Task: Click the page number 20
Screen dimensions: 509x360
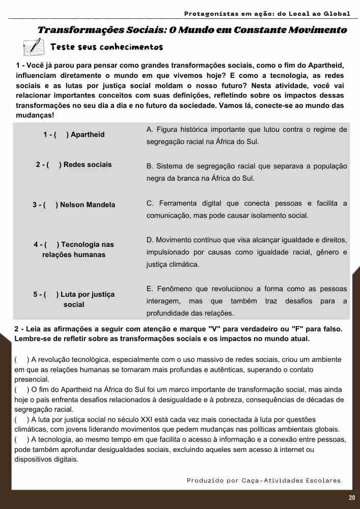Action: pos(352,498)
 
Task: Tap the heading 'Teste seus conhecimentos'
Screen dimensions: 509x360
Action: pos(106,47)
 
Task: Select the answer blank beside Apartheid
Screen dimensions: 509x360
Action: pos(61,135)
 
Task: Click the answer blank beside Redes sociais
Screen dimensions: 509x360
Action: pos(54,165)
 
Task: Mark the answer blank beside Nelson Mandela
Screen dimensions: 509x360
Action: pos(50,205)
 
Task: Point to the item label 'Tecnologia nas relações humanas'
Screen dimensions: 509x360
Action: pos(74,249)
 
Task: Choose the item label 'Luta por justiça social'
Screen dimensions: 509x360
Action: pos(74,299)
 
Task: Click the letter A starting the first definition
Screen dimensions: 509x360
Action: pos(149,130)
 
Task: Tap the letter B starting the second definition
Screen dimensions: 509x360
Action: pos(149,166)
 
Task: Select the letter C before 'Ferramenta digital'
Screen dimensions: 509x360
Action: pos(149,204)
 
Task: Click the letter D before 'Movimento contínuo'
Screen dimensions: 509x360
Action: pos(149,240)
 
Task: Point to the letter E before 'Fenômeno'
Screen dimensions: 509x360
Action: pos(149,289)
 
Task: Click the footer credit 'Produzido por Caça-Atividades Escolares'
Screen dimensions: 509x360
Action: pos(264,480)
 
